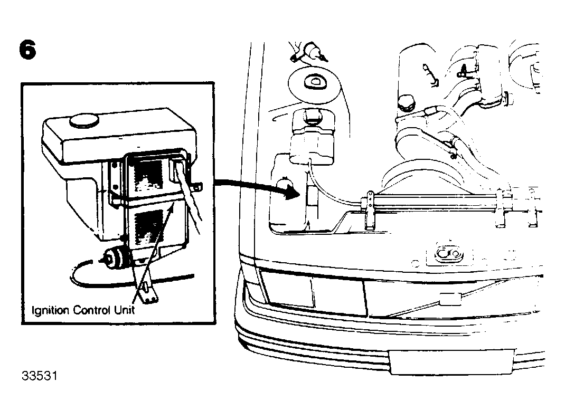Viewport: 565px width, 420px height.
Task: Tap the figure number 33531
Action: (x=40, y=376)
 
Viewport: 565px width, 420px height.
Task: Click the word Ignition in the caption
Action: (x=50, y=310)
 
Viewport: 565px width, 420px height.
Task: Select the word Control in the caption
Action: (x=91, y=310)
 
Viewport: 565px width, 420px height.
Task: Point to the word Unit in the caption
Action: (x=124, y=310)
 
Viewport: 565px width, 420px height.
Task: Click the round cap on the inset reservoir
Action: (x=84, y=121)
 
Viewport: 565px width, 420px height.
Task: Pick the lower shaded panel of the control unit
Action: (x=148, y=227)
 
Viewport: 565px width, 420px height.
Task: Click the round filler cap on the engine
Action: (x=407, y=103)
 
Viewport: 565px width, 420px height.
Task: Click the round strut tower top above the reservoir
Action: (x=314, y=83)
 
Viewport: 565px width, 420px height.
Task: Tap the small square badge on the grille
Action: (x=450, y=299)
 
